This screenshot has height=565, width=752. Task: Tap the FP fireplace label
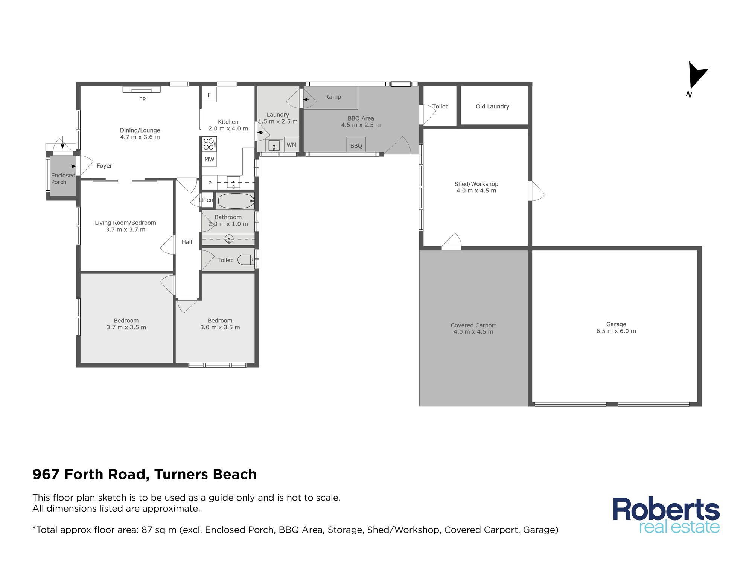point(142,99)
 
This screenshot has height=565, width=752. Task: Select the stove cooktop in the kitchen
point(209,144)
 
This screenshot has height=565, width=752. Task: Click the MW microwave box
point(209,159)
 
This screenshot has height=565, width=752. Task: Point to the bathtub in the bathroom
point(236,201)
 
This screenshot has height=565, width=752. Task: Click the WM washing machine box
point(292,145)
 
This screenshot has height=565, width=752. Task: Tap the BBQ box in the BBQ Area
point(356,145)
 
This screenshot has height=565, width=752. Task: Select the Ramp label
point(333,97)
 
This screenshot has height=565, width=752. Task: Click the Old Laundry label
point(492,107)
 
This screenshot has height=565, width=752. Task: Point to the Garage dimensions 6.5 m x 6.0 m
point(616,331)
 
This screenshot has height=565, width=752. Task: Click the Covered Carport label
point(473,325)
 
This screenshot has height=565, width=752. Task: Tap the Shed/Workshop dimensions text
point(476,191)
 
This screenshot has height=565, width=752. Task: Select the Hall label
point(187,242)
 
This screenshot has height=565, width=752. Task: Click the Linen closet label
point(206,200)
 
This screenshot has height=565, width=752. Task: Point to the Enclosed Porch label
point(63,179)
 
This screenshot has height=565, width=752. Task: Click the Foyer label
point(104,166)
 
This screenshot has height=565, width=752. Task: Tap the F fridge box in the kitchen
point(209,95)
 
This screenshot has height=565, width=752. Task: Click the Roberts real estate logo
point(666,515)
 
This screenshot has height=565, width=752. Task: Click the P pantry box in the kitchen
point(210,183)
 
